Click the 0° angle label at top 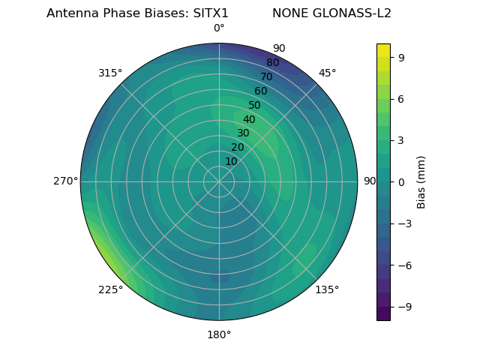(219, 28)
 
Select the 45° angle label (327, 73)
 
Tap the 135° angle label (327, 289)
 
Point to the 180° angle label (219, 334)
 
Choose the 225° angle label (110, 290)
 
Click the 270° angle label (65, 181)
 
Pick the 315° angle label (110, 73)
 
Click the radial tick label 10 (232, 161)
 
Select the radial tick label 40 (249, 119)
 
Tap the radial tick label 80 (272, 63)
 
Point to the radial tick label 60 (260, 91)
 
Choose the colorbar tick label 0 (403, 181)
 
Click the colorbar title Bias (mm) (421, 181)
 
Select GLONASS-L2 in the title (351, 13)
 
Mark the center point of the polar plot (219, 181)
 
